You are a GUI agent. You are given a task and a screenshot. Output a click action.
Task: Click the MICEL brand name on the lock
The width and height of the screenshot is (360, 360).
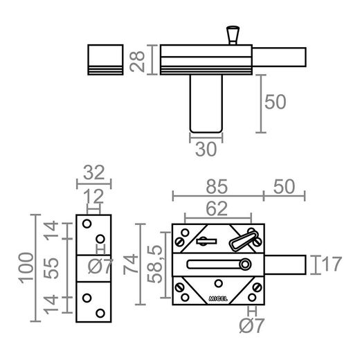tap(218, 298)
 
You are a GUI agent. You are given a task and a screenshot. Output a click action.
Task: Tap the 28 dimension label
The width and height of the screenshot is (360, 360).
tap(137, 62)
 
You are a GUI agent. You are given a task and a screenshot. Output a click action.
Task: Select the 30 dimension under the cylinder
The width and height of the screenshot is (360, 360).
tap(206, 150)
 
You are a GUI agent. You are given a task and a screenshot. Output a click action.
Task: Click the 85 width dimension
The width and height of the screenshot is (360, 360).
tap(217, 186)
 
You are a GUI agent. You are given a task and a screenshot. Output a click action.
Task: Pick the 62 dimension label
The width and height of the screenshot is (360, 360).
tap(217, 208)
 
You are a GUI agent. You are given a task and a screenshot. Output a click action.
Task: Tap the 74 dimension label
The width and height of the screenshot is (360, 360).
tap(131, 264)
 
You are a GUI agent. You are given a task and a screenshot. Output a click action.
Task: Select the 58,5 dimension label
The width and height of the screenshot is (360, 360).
tap(155, 264)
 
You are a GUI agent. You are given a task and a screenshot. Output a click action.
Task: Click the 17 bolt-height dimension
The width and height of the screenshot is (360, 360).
tap(332, 264)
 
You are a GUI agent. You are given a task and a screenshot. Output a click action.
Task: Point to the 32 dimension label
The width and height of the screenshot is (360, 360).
tap(94, 172)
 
